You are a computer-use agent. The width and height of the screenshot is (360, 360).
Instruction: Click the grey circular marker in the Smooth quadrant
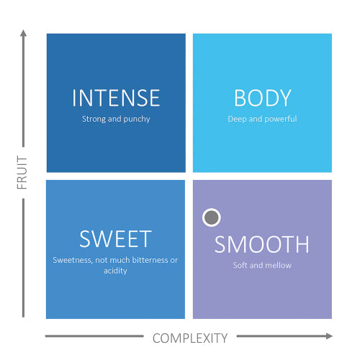pos(212,217)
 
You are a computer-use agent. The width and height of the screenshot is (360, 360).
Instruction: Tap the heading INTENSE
pos(116,98)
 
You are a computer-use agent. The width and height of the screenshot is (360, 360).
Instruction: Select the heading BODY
pos(263,98)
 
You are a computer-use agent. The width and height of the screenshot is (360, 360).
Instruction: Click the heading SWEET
pos(115,238)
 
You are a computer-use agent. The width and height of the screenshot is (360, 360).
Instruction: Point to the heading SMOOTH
pos(262,244)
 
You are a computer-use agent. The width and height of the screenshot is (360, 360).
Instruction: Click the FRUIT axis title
pos(22,172)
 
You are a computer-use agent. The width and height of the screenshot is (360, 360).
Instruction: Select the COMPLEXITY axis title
pos(190,338)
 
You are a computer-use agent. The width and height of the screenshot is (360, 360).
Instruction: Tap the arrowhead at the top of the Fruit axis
pos(23,33)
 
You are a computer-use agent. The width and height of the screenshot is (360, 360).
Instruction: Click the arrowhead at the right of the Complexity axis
pos(329,336)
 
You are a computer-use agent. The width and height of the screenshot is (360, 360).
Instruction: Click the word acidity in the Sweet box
pos(115,271)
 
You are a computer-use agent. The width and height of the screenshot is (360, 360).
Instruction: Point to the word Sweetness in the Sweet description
pos(73,260)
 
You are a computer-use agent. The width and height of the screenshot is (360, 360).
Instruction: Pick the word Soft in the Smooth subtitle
pos(240,265)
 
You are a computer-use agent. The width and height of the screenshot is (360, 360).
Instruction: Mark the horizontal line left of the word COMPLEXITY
pos(94,336)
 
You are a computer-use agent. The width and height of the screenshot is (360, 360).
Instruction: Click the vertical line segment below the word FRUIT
pos(23,258)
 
